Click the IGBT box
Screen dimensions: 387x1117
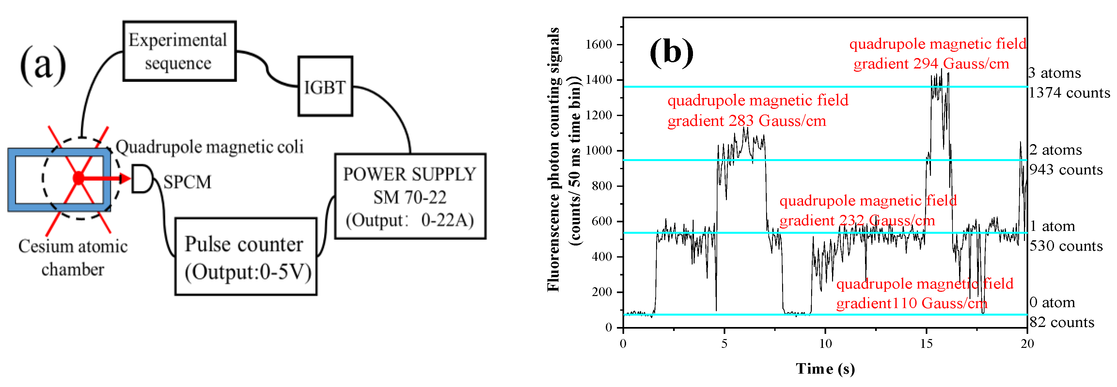(x=325, y=87)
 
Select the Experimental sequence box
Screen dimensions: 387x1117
(x=179, y=51)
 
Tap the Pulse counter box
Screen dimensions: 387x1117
(x=246, y=257)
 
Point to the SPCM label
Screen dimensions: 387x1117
(x=187, y=182)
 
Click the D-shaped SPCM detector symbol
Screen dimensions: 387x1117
(x=141, y=178)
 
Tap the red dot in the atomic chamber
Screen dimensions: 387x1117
(x=78, y=178)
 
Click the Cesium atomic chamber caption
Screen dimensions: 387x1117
(x=73, y=258)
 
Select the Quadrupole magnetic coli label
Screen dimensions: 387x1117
(x=210, y=147)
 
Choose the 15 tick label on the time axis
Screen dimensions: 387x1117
(x=926, y=344)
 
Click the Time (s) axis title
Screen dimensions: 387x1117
(x=825, y=368)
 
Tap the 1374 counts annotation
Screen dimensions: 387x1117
(x=1069, y=93)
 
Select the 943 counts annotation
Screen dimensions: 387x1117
(x=1066, y=170)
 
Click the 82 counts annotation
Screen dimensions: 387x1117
(x=1062, y=322)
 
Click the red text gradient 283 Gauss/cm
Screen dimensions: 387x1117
(x=747, y=121)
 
